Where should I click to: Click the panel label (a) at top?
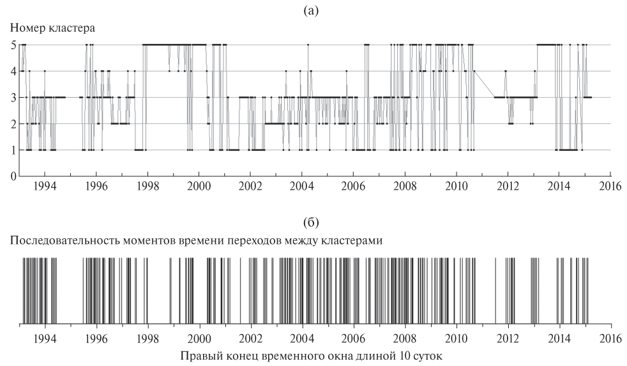tap(313, 10)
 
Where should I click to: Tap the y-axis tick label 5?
tap(14, 45)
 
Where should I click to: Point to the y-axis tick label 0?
tap(14, 177)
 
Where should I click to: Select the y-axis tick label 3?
tap(14, 98)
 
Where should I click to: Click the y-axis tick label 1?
tap(14, 151)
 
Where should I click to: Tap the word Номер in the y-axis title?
tap(24, 29)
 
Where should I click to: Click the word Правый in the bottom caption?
tap(199, 355)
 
